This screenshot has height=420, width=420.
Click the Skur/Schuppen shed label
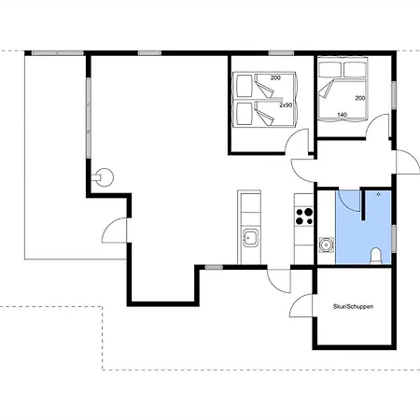pyautogui.click(x=353, y=306)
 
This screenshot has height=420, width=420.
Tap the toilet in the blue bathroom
pyautogui.click(x=376, y=256)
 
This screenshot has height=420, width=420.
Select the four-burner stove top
pyautogui.click(x=304, y=217)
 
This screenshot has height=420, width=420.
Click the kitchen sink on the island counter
pyautogui.click(x=250, y=238)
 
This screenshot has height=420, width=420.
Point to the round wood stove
pyautogui.click(x=104, y=177)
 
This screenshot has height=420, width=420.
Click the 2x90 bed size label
pyautogui.click(x=286, y=105)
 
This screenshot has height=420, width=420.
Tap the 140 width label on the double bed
pyautogui.click(x=342, y=115)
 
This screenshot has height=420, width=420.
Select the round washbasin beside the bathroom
pyautogui.click(x=327, y=245)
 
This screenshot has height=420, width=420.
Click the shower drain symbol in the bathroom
pyautogui.click(x=378, y=194)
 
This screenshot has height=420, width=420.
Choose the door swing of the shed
pyautogui.click(x=301, y=306)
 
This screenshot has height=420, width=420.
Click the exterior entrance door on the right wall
pyautogui.click(x=407, y=161)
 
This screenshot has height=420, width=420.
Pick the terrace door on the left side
pyautogui.click(x=114, y=231)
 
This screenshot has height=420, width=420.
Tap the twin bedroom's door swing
pyautogui.click(x=297, y=141)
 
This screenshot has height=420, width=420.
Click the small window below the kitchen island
pyautogui.click(x=214, y=267)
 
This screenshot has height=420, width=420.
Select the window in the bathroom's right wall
pyautogui.click(x=394, y=239)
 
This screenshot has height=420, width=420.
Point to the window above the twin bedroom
pyautogui.click(x=281, y=53)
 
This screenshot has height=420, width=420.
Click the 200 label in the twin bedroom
pyautogui.click(x=275, y=77)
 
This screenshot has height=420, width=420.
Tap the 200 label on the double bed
pyautogui.click(x=360, y=98)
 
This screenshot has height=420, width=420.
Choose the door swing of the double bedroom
pyautogui.click(x=377, y=125)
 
